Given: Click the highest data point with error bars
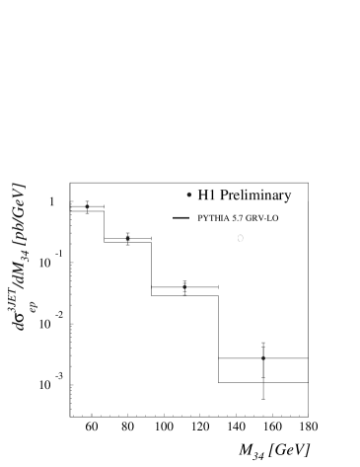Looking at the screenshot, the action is click(88, 206).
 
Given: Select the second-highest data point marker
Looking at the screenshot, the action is click(127, 238).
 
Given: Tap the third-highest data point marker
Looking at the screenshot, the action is click(184, 287).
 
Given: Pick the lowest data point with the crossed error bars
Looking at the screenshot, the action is click(263, 358).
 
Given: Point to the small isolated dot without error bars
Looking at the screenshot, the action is click(188, 195).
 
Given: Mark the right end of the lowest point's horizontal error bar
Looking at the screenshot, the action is click(308, 358).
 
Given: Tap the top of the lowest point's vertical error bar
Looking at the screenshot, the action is click(263, 342).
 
